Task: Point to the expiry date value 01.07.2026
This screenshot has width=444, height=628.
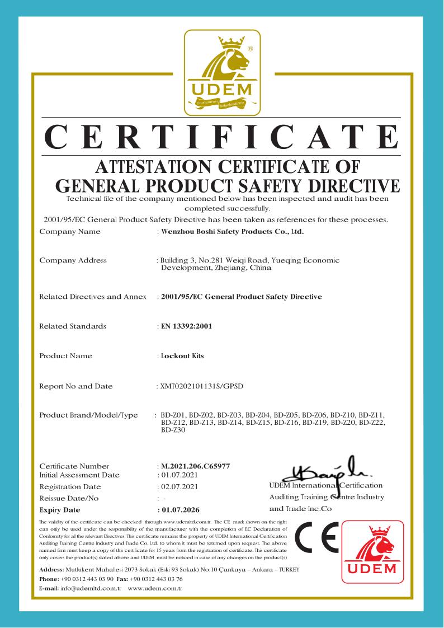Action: [x=180, y=510]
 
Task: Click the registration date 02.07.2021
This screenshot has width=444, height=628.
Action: [x=178, y=487]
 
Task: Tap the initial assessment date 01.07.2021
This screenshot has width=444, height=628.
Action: [x=178, y=475]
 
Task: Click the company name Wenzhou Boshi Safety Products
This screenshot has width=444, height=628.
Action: [x=232, y=231]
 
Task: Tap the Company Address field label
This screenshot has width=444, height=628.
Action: [x=73, y=260]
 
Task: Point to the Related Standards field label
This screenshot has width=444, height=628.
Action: [x=72, y=326]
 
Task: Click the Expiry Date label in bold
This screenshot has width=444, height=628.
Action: [x=60, y=510]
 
